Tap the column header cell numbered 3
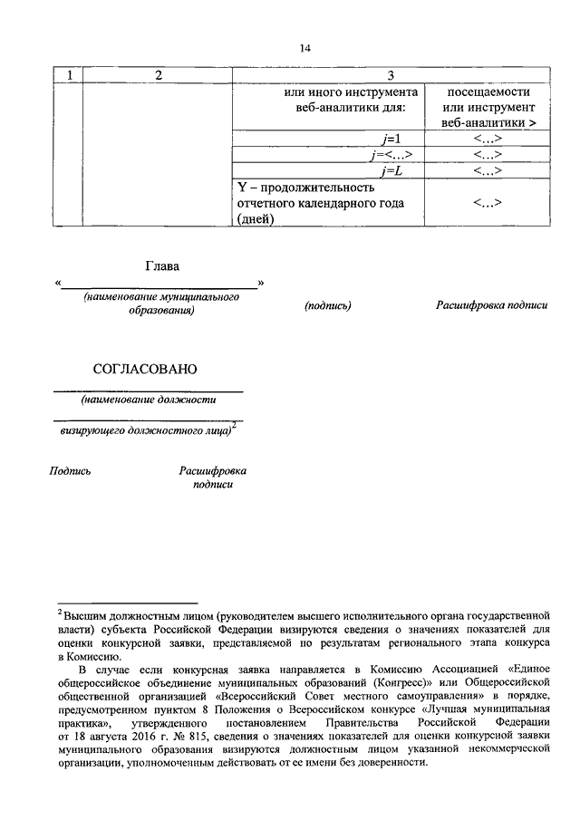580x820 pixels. (x=389, y=75)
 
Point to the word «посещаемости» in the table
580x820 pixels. (x=488, y=92)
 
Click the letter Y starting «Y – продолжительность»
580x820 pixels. (x=242, y=187)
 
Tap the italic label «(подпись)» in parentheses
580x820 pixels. (x=328, y=306)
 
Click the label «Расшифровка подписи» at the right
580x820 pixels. (x=492, y=306)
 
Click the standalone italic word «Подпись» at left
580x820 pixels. (x=71, y=470)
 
